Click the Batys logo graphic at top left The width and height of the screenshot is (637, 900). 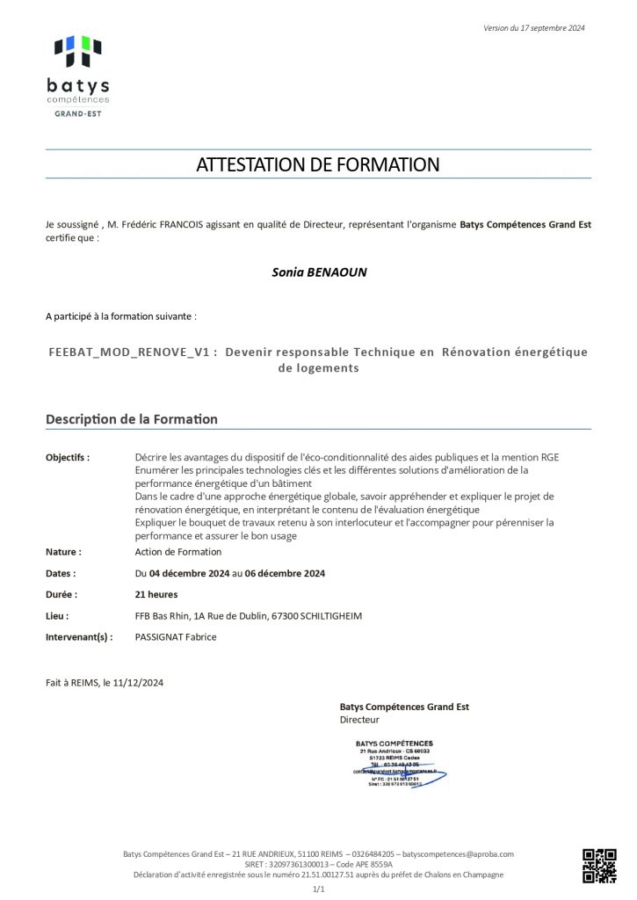tap(77, 52)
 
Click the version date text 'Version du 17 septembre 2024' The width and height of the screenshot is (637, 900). tap(533, 28)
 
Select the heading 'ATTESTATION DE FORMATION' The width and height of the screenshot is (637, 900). tap(318, 164)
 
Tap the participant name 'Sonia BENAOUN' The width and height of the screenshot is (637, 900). tap(319, 272)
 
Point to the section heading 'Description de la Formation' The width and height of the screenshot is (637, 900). tap(132, 419)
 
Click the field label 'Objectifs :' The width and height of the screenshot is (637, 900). tap(68, 457)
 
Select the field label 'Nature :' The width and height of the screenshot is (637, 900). tap(63, 552)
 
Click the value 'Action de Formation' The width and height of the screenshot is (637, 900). tap(178, 552)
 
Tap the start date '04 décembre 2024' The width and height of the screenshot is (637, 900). tap(189, 573)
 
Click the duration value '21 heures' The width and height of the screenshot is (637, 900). tap(157, 594)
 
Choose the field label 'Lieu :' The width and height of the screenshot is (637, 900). tap(57, 616)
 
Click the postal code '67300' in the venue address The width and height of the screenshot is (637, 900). tap(285, 616)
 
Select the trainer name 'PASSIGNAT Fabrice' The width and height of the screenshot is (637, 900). tap(176, 637)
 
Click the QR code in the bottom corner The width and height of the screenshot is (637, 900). tap(599, 865)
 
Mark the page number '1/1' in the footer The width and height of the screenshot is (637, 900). tap(319, 889)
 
